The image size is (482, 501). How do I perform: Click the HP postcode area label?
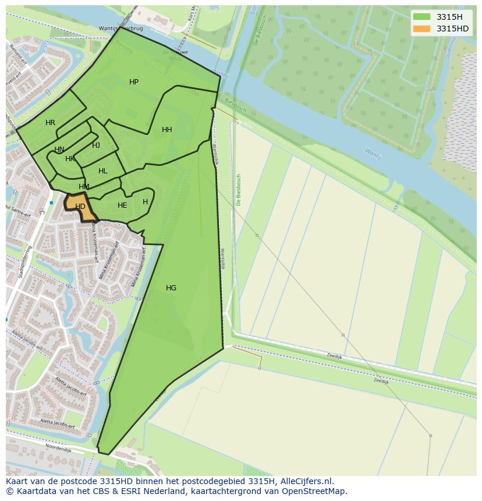[x=134, y=82]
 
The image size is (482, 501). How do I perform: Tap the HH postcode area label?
[x=167, y=130]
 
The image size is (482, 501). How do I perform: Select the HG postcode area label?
[x=171, y=288]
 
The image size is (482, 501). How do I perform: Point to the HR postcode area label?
[x=50, y=123]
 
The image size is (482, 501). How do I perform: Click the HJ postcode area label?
[x=96, y=145]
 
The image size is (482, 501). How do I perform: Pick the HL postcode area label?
[x=103, y=171]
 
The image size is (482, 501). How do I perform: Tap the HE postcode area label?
[x=122, y=205]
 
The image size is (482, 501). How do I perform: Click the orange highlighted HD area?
[x=80, y=207]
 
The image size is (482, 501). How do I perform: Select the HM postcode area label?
[x=84, y=187]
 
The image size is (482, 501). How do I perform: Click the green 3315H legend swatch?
[x=421, y=17]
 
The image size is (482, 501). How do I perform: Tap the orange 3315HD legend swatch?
[x=421, y=29]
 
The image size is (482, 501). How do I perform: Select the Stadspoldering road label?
[x=24, y=262]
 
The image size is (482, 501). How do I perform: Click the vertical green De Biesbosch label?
[x=239, y=190]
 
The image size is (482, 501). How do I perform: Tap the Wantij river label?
[x=372, y=154]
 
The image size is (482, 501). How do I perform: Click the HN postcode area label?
[x=59, y=150]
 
